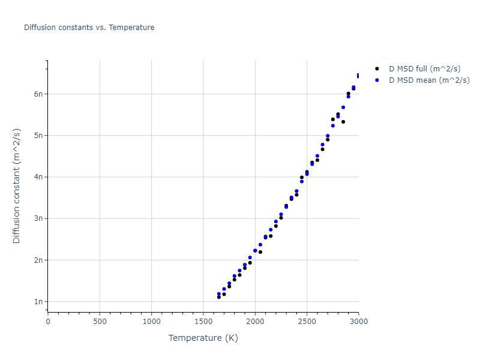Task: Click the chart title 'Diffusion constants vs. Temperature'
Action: (x=89, y=28)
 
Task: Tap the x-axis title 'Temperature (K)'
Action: (x=203, y=338)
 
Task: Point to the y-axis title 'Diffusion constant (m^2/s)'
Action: (x=17, y=185)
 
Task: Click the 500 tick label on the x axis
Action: (x=100, y=322)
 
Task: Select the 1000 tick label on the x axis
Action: (x=151, y=322)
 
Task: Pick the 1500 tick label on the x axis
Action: (x=203, y=322)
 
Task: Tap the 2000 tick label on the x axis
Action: (x=255, y=322)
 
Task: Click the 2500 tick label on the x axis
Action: (x=307, y=322)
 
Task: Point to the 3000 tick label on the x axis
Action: (x=358, y=322)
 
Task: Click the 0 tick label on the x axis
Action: (x=48, y=322)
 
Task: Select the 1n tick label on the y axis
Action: (x=38, y=302)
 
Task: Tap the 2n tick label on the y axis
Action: (x=38, y=260)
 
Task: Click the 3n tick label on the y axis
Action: (x=38, y=218)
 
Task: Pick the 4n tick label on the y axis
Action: (x=38, y=177)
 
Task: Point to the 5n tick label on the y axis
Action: (x=38, y=135)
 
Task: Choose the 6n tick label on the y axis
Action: (x=38, y=94)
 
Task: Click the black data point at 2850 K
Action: (x=343, y=122)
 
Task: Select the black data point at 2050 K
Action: (x=260, y=252)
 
